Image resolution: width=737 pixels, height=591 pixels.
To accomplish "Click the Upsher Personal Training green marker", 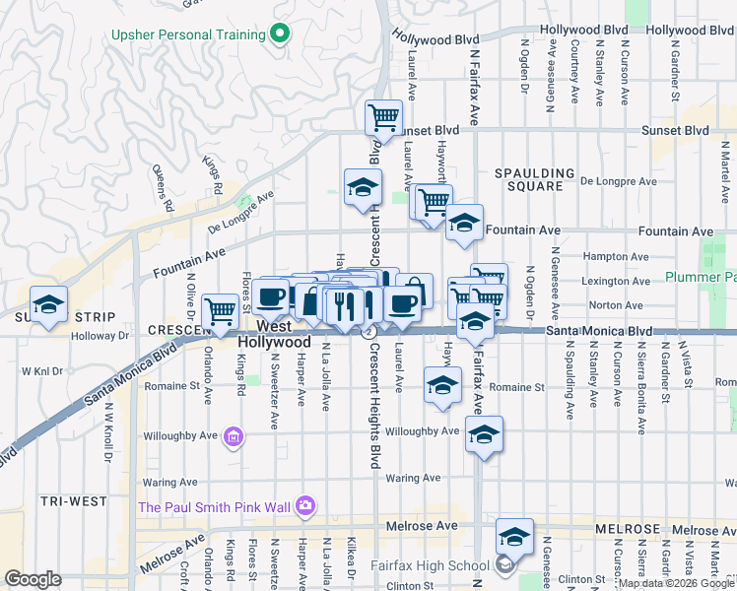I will (x=280, y=34).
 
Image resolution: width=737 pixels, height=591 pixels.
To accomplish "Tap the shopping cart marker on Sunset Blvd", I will (x=383, y=118).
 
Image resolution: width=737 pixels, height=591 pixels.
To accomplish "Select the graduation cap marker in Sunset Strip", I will (x=47, y=305).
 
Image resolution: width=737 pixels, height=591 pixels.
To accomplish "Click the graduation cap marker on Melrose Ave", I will (x=514, y=537).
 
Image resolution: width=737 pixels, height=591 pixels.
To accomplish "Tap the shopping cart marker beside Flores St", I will (x=221, y=311).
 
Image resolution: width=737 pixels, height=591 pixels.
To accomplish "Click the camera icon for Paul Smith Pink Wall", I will (x=305, y=506).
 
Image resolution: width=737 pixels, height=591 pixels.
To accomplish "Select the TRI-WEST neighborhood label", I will (x=74, y=501).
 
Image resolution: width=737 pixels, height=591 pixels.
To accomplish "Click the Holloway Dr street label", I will (x=103, y=335).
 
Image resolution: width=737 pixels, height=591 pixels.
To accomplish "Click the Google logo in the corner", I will (x=33, y=579).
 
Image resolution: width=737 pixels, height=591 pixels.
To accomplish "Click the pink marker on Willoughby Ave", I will (x=233, y=435).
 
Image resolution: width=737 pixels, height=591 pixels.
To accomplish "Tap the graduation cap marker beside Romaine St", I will (x=443, y=385).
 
